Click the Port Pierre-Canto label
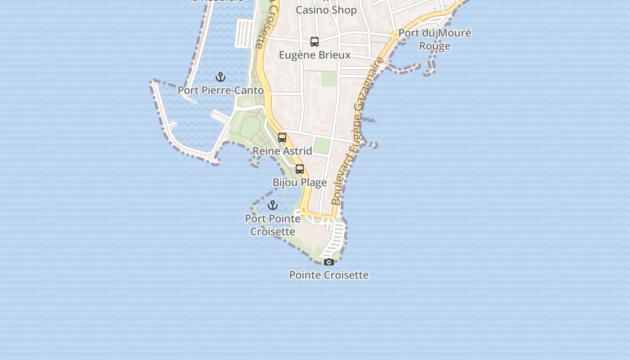coord(220,90)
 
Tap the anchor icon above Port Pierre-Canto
coord(220,77)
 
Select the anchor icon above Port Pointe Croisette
coord(273,206)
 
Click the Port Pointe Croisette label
coord(273,225)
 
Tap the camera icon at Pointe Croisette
coord(329,262)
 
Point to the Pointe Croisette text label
coord(329,275)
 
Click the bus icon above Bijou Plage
coord(300,169)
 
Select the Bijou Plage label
coord(300,183)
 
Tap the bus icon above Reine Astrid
coord(282,138)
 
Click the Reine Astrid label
coord(282,151)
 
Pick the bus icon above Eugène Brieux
coord(315,42)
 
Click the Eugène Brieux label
coord(315,55)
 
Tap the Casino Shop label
coord(326,10)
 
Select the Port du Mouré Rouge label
coord(435,39)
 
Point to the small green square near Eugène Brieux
coord(329,80)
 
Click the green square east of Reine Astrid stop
coord(322,146)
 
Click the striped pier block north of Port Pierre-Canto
coord(245,33)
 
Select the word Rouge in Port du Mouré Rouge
coord(435,46)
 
